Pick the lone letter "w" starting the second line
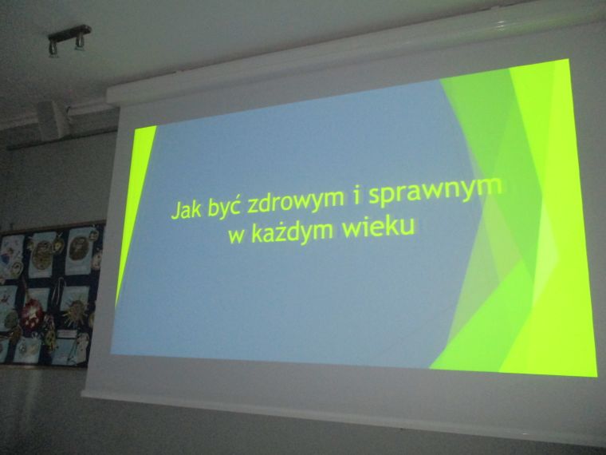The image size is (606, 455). pyautogui.click(x=236, y=235)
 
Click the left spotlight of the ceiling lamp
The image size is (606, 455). pyautogui.click(x=53, y=49)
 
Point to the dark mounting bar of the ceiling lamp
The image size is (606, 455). pyautogui.click(x=69, y=33)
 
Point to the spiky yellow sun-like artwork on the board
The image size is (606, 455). pyautogui.click(x=76, y=311)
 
